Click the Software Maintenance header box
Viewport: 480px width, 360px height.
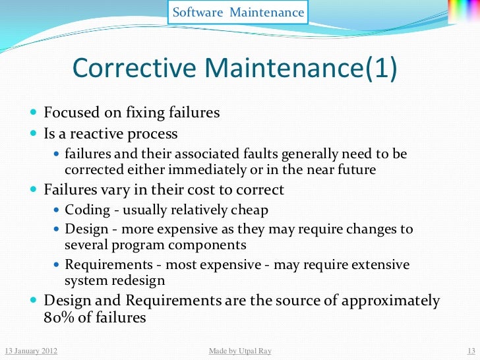pos(238,13)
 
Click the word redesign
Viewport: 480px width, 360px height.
pos(137,280)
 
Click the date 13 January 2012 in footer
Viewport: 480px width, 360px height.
pos(30,351)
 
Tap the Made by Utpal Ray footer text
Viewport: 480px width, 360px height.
pos(239,351)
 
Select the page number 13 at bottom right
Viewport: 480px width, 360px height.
pos(471,351)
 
